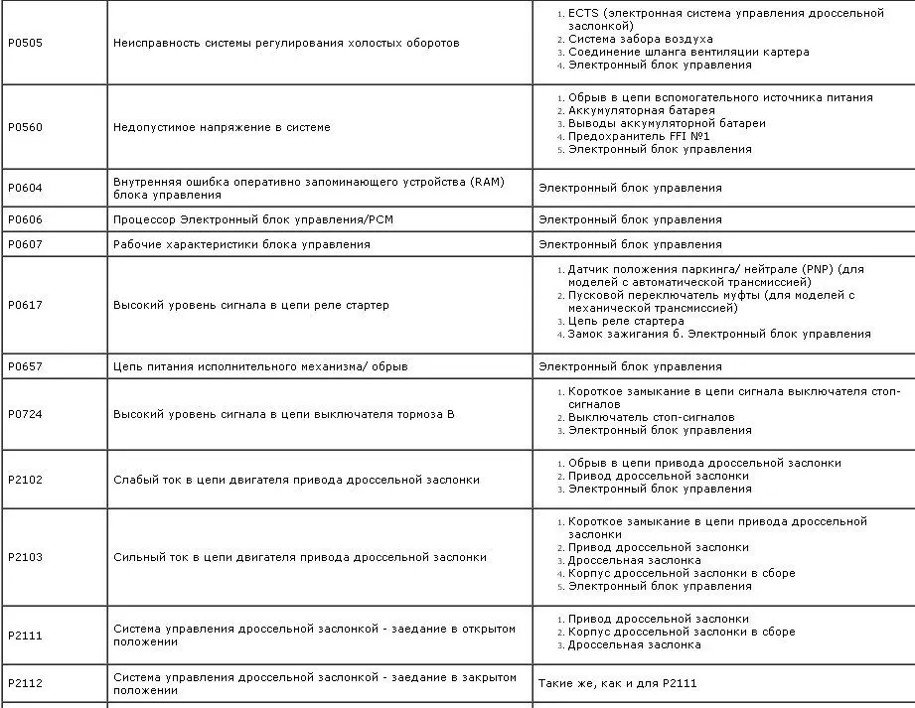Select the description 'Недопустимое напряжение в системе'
[222, 128]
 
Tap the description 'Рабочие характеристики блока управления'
[241, 244]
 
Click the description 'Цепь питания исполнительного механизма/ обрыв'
[260, 366]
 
